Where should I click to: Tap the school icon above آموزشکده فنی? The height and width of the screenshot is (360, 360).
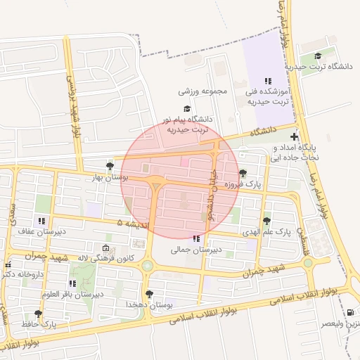(267, 82)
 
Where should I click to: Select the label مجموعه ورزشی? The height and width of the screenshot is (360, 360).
(204, 92)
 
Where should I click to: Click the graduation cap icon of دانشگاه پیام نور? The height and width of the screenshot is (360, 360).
(187, 108)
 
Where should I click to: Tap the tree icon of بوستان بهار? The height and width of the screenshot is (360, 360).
(109, 166)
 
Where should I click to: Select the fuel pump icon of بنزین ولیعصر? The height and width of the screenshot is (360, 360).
(350, 312)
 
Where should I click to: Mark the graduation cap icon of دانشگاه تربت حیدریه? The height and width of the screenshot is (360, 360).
(318, 56)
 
